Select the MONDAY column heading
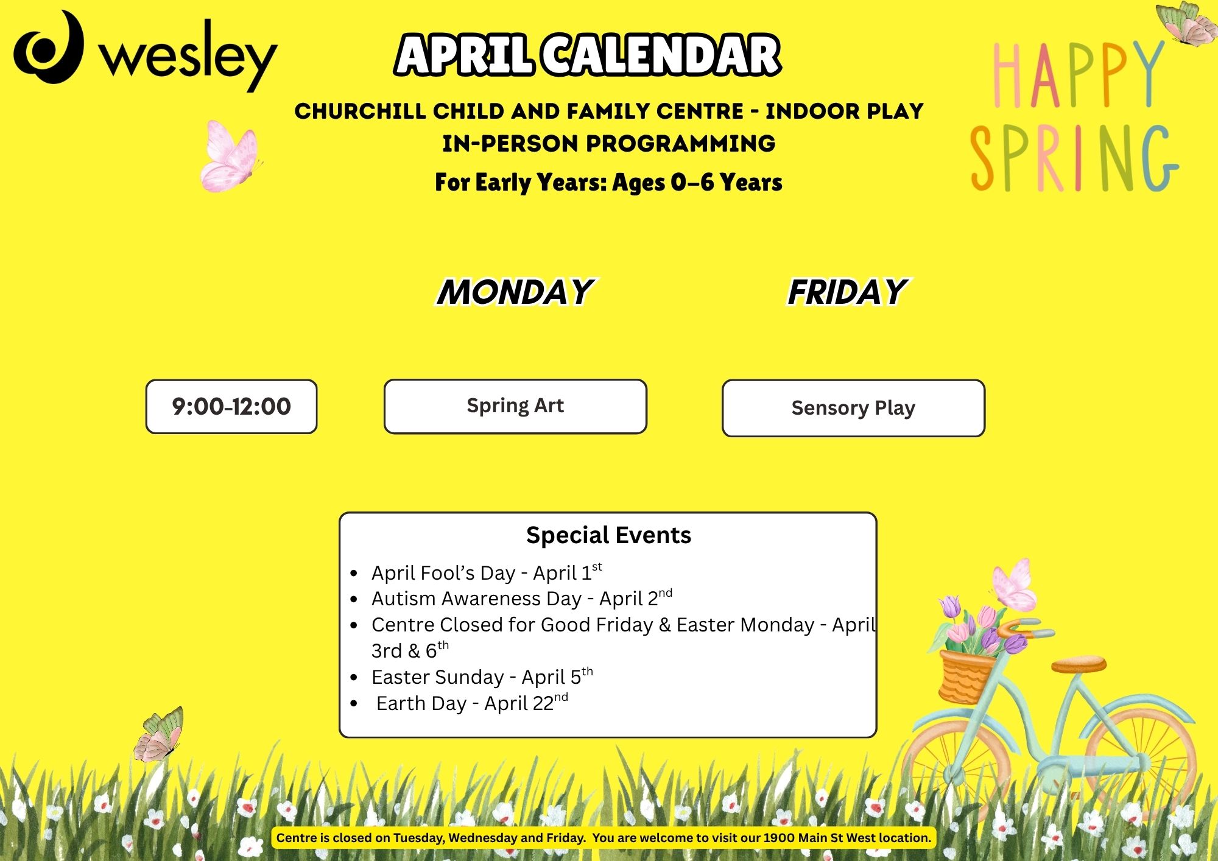tap(515, 292)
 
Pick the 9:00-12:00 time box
tap(231, 407)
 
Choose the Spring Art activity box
tap(515, 406)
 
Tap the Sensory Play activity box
tap(853, 408)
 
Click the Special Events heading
tap(608, 535)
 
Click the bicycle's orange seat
tap(1079, 664)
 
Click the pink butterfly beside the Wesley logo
tap(230, 156)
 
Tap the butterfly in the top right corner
tap(1185, 23)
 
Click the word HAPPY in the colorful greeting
tap(1079, 74)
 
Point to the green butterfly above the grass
tap(159, 734)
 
